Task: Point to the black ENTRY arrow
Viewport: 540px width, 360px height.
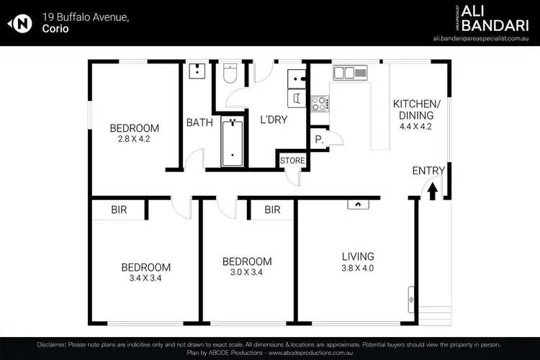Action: [432, 191]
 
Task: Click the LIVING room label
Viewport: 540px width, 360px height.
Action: [358, 256]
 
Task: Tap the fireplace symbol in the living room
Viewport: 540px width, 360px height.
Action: [357, 204]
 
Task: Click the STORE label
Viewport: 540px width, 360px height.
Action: [292, 160]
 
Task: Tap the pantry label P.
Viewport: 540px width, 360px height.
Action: [318, 140]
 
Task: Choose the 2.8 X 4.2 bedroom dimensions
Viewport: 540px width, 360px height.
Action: [135, 140]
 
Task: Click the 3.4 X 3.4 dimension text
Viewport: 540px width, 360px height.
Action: [145, 278]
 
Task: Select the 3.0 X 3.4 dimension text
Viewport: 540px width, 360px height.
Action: [247, 272]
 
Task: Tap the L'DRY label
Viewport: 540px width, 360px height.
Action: [273, 120]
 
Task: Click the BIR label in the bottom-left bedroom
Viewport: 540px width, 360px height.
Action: [119, 210]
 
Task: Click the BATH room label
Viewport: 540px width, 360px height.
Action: [199, 122]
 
